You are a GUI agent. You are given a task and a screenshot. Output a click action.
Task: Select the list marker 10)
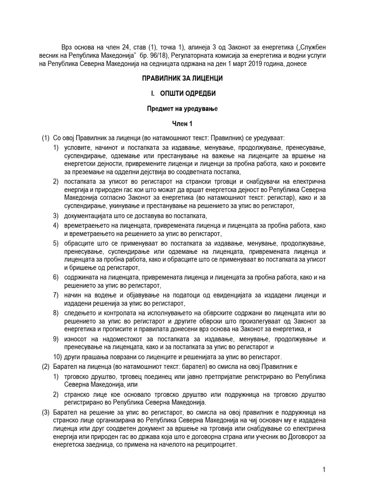point(58,357)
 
